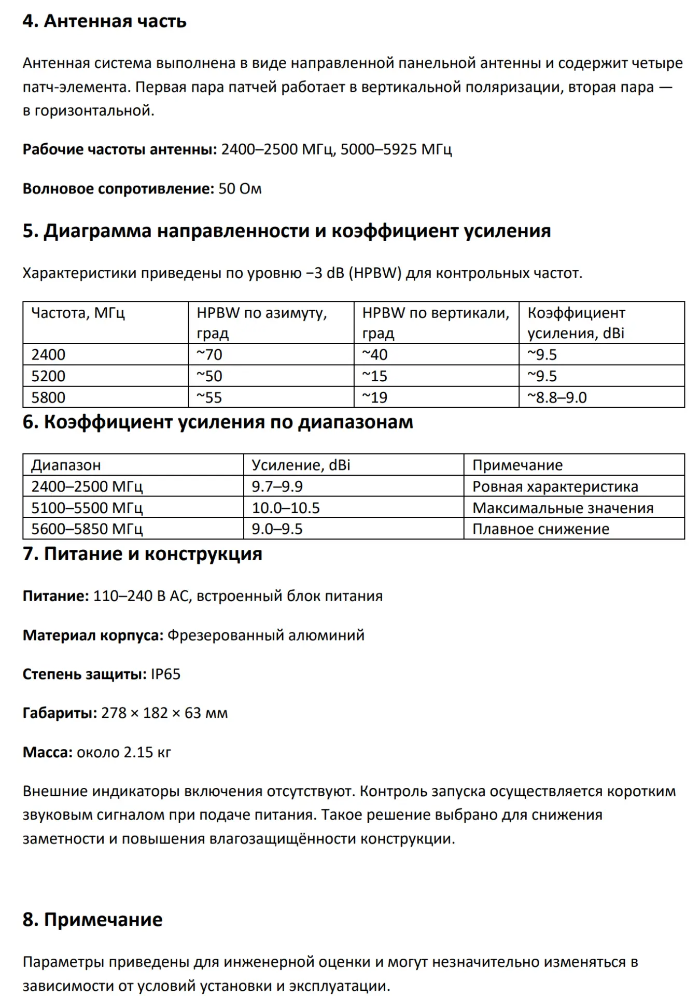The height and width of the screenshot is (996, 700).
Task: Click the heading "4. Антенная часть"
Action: click(x=104, y=21)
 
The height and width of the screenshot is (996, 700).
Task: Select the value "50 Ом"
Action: click(x=240, y=188)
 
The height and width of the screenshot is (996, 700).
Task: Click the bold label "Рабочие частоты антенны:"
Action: click(x=120, y=149)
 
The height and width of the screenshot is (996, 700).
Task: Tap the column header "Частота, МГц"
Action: click(x=78, y=313)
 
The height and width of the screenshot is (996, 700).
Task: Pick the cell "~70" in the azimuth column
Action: click(x=209, y=354)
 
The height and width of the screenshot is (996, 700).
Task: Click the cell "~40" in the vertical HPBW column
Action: click(x=374, y=354)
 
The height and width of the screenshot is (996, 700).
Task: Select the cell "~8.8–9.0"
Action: click(x=557, y=397)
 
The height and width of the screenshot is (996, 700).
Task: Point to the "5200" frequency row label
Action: click(x=48, y=376)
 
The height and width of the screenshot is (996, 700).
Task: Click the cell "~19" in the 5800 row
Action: click(x=374, y=397)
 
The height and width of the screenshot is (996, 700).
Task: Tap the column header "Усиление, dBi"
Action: click(x=301, y=465)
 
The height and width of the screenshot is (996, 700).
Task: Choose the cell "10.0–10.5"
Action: click(x=286, y=508)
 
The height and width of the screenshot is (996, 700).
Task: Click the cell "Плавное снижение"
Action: click(x=540, y=529)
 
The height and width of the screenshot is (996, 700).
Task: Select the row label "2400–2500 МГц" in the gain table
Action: click(x=87, y=487)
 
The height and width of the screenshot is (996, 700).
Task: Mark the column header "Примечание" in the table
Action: click(x=517, y=465)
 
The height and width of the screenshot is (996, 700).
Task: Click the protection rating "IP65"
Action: click(x=165, y=674)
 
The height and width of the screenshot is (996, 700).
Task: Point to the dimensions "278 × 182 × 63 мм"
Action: click(x=164, y=713)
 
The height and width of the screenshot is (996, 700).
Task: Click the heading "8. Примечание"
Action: click(x=92, y=919)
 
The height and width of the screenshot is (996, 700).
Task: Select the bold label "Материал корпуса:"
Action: click(x=93, y=635)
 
